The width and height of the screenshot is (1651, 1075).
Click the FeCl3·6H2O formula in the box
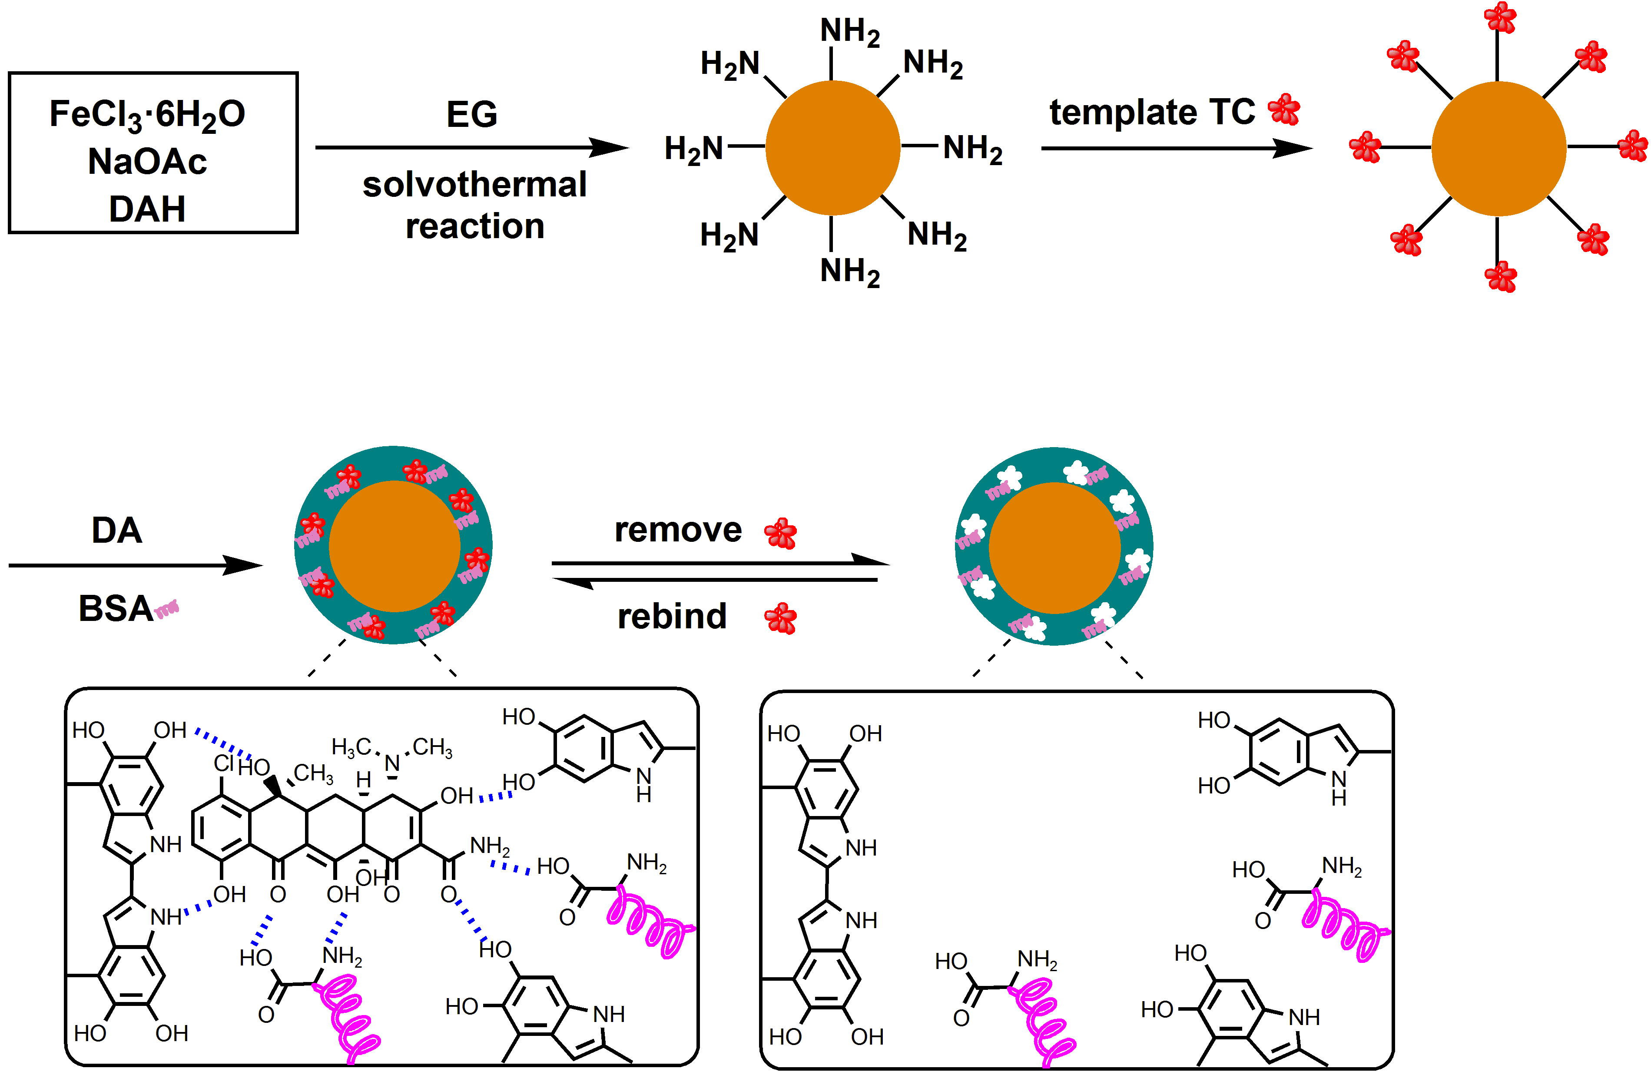[x=147, y=114]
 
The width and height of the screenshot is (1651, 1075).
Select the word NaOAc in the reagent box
[x=147, y=162]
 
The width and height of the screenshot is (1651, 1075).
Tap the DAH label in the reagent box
[x=147, y=209]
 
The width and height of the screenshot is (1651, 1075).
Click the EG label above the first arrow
[x=472, y=114]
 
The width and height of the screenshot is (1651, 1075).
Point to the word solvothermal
[x=474, y=185]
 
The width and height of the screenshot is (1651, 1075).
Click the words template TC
[x=1151, y=113]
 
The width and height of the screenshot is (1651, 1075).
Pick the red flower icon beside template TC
[x=1284, y=109]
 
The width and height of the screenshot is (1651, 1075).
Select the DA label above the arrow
[x=116, y=531]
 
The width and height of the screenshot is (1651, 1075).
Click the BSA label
[x=115, y=609]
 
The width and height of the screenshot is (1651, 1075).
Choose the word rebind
[x=672, y=616]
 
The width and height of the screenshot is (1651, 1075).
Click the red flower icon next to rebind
[x=780, y=618]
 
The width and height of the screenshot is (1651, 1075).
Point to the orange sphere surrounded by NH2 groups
[x=832, y=148]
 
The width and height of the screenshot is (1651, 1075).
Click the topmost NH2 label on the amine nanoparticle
[x=850, y=31]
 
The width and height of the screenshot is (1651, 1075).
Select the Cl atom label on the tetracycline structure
[x=223, y=763]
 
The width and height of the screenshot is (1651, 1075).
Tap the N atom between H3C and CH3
[x=392, y=763]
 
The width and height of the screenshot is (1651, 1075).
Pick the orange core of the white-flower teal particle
[x=1054, y=548]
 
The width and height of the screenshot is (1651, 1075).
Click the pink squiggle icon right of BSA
[x=167, y=610]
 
